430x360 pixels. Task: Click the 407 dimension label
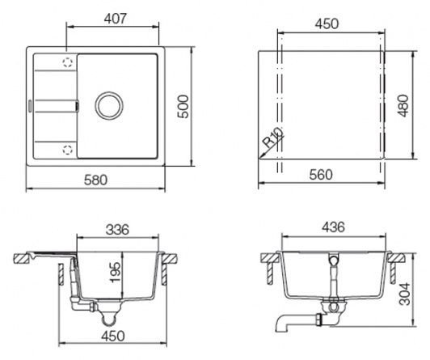[116, 19]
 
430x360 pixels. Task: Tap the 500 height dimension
[183, 107]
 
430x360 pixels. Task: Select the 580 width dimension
[95, 180]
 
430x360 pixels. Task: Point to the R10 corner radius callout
[273, 138]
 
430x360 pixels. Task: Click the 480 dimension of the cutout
[403, 106]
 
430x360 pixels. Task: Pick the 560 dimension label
[321, 175]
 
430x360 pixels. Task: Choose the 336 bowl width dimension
[117, 230]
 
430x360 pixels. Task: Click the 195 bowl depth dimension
[115, 272]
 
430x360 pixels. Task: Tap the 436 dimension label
[333, 227]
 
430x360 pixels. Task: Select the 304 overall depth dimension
[404, 294]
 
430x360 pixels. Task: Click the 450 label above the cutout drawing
[327, 24]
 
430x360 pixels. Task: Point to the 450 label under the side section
[112, 336]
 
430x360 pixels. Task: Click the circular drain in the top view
[109, 106]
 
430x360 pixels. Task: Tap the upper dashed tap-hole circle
[67, 62]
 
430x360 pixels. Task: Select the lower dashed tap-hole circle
[67, 150]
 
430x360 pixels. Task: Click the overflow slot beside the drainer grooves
[78, 106]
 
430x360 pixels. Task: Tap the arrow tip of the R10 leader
[259, 158]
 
